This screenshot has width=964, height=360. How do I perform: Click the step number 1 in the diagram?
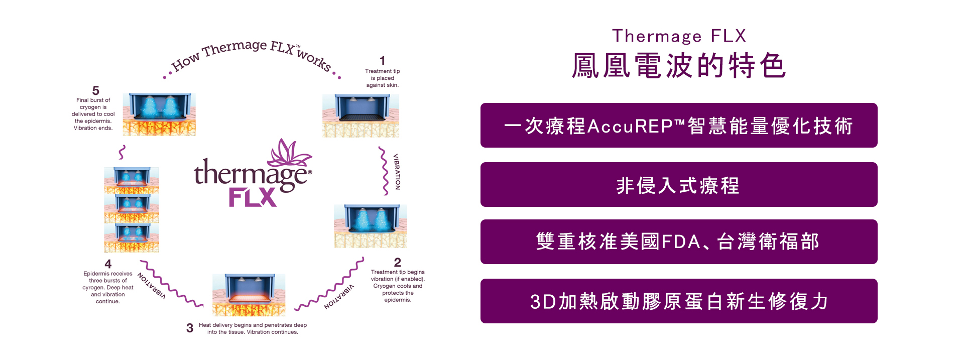pyautogui.click(x=383, y=61)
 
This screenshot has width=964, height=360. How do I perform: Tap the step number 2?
pyautogui.click(x=398, y=262)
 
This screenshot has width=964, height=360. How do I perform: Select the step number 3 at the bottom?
pyautogui.click(x=190, y=328)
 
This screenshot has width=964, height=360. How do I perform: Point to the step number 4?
pyautogui.click(x=108, y=264)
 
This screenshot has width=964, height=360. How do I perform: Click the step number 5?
pyautogui.click(x=96, y=90)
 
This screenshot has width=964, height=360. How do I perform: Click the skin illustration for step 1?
pyautogui.click(x=360, y=115)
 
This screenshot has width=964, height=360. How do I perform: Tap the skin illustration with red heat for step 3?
pyautogui.click(x=249, y=295)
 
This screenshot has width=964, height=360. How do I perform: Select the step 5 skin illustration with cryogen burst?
pyautogui.click(x=159, y=114)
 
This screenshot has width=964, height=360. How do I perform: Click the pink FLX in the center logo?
pyautogui.click(x=253, y=197)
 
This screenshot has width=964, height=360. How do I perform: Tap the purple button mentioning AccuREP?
pyautogui.click(x=679, y=126)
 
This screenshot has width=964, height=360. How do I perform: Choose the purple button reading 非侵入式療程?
pyautogui.click(x=679, y=185)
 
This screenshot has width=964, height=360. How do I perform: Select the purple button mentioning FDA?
pyautogui.click(x=679, y=242)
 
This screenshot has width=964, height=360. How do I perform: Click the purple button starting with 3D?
pyautogui.click(x=679, y=301)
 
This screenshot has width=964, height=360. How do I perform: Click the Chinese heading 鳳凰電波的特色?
pyautogui.click(x=679, y=66)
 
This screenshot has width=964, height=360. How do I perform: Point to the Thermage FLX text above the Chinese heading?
pyautogui.click(x=679, y=36)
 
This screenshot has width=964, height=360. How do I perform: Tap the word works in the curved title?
pyautogui.click(x=314, y=60)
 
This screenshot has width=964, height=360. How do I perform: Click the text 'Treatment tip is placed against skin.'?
pyautogui.click(x=383, y=78)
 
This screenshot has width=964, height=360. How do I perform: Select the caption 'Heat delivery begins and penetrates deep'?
pyautogui.click(x=253, y=325)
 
